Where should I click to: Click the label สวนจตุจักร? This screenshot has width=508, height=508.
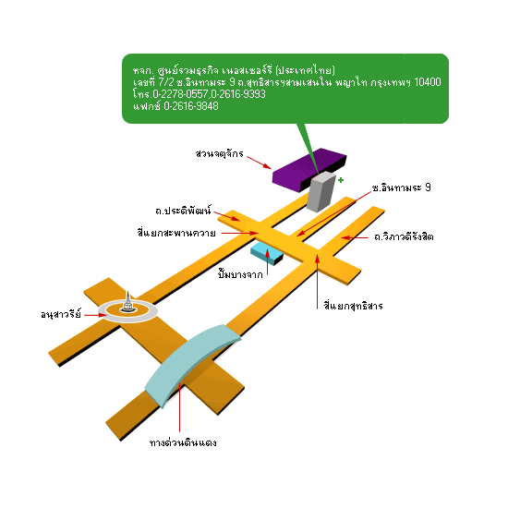[219, 153]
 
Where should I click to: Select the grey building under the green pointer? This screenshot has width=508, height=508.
[321, 192]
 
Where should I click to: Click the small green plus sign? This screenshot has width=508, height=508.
[341, 180]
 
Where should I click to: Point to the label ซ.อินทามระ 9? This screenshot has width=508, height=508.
[402, 187]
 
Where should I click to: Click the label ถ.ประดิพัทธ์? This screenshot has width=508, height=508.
[184, 211]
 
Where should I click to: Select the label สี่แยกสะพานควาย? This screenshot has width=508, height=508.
[176, 233]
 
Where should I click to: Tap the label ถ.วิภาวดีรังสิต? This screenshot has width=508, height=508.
[404, 236]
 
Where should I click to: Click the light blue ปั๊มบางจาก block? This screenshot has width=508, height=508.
[267, 253]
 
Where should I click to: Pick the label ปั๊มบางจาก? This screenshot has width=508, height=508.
[240, 274]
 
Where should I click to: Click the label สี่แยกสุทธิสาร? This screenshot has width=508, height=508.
[354, 306]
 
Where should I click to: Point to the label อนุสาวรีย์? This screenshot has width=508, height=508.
[61, 314]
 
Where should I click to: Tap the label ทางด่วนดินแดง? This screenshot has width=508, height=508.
[183, 442]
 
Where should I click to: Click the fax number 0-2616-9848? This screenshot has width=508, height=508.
[191, 106]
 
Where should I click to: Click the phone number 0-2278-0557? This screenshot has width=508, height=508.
[180, 94]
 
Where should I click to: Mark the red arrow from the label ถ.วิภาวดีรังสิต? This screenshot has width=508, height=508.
[355, 237]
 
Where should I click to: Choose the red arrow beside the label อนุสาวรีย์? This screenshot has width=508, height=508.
[95, 315]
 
